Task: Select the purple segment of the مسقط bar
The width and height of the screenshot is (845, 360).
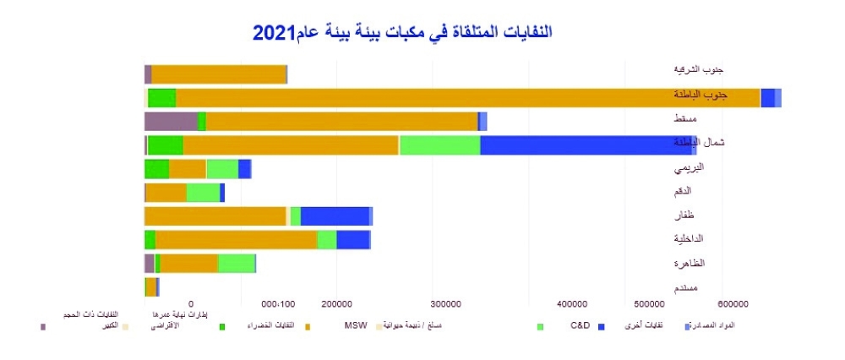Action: pyautogui.click(x=171, y=121)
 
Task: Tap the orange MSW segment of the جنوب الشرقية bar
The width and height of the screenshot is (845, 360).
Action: pyautogui.click(x=218, y=74)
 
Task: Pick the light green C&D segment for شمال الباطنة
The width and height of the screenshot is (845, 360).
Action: pyautogui.click(x=439, y=145)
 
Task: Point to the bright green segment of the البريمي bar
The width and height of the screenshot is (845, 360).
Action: pyautogui.click(x=156, y=168)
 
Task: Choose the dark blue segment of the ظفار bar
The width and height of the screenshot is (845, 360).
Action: pyautogui.click(x=335, y=215)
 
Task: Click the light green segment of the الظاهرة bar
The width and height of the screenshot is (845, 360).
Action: pyautogui.click(x=236, y=263)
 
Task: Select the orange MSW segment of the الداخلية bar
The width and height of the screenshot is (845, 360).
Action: pyautogui.click(x=236, y=239)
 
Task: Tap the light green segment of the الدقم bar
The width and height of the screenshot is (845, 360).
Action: pyautogui.click(x=203, y=192)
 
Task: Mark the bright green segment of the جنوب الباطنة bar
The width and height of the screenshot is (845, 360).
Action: pyautogui.click(x=161, y=97)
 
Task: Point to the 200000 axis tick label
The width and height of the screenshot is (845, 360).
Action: pyautogui.click(x=337, y=303)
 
